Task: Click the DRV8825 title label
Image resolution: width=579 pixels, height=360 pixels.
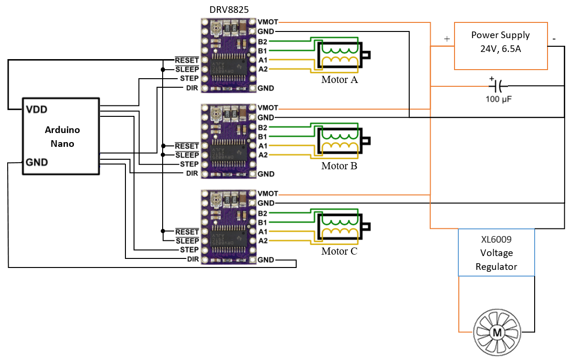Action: click(229, 10)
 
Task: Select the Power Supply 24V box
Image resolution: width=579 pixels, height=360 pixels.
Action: click(500, 45)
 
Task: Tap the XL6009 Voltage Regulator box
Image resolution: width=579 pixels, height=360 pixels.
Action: click(496, 252)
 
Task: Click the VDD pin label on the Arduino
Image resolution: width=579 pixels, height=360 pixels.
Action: click(37, 109)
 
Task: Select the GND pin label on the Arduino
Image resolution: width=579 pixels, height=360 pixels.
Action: click(37, 163)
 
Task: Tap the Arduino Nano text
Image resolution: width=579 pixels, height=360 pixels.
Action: click(62, 136)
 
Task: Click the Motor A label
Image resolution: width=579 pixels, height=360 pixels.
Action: click(339, 80)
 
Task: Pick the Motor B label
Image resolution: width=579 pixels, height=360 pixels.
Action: click(339, 166)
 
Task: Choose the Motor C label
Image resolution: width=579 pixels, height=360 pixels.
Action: click(339, 251)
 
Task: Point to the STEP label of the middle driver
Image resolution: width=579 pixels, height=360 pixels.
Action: click(189, 164)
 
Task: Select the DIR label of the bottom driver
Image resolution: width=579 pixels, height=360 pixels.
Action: click(193, 259)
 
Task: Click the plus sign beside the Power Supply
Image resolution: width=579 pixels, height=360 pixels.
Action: click(447, 40)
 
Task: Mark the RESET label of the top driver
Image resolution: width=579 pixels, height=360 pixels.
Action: click(187, 60)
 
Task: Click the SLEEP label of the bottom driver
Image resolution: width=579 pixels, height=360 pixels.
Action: click(187, 240)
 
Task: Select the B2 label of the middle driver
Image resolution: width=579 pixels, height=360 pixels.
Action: click(262, 127)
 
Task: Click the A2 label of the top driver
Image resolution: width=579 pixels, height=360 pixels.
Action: click(262, 69)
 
